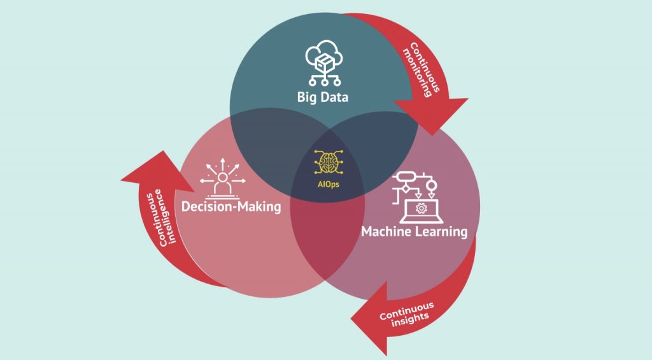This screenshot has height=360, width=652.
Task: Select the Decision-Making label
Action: coord(231,206)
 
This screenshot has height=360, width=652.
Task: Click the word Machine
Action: coord(386,231)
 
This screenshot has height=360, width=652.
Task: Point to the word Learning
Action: coord(441,232)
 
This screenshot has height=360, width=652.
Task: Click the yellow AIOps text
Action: coord(328,184)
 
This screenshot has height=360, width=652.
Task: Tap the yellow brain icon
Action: coord(329,162)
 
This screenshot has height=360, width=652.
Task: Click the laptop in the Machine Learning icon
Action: coord(422,212)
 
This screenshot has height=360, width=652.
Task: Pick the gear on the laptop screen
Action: coord(422,208)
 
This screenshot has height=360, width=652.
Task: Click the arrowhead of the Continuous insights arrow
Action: coord(370,319)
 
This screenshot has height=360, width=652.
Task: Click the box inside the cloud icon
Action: coord(324,63)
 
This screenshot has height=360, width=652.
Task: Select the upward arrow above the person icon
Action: coord(222,164)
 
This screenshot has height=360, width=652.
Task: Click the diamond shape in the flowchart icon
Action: coord(406,189)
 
